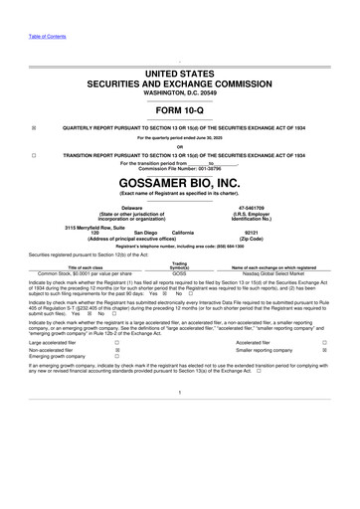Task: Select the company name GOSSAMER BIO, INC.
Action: click(180, 182)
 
